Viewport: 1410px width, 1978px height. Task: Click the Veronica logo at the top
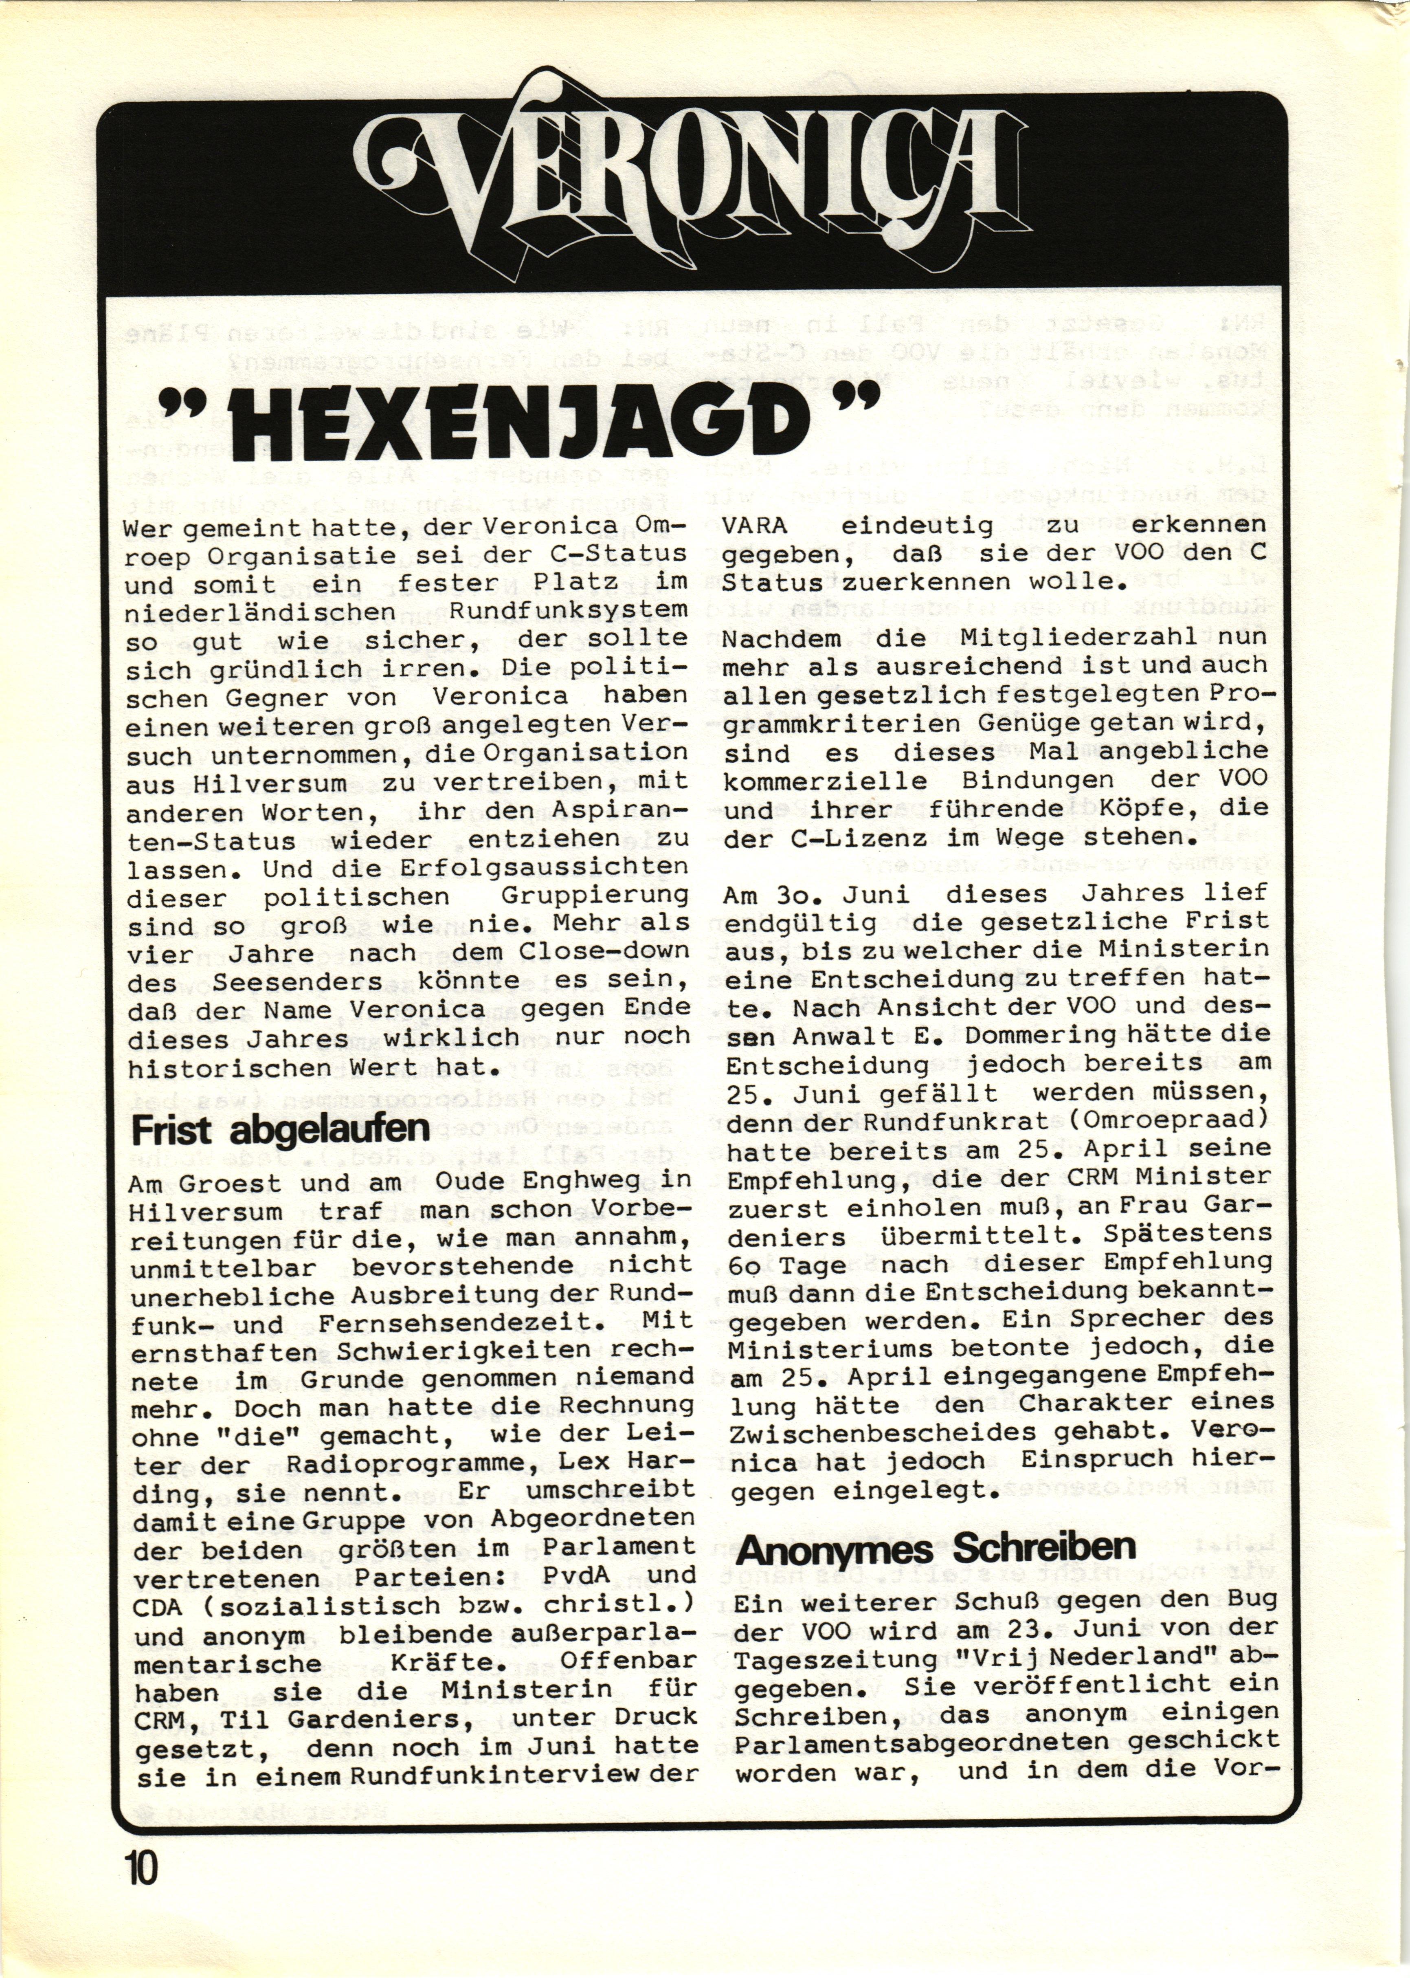tap(694, 174)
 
